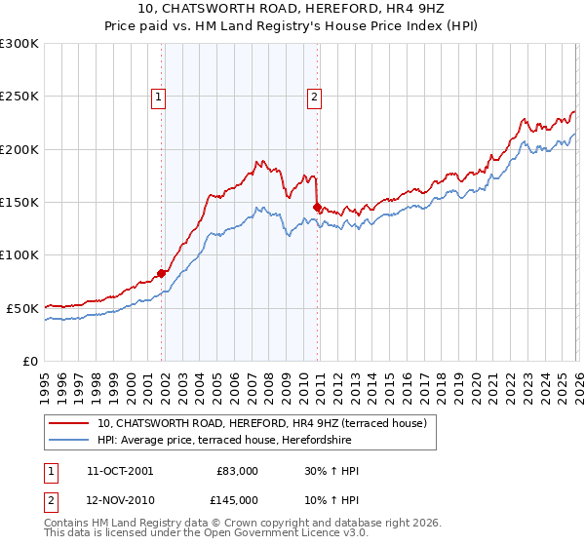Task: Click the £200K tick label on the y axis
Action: [19, 149]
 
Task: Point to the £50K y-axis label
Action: [22, 308]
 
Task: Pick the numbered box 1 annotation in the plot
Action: [158, 96]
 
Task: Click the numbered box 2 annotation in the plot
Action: [315, 96]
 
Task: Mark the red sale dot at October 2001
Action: [161, 274]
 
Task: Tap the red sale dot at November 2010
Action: [318, 208]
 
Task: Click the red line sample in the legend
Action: [70, 423]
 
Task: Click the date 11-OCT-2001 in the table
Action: [120, 471]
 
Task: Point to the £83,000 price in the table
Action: [235, 471]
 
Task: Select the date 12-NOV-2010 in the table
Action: [120, 500]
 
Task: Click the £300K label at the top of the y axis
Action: [19, 44]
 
